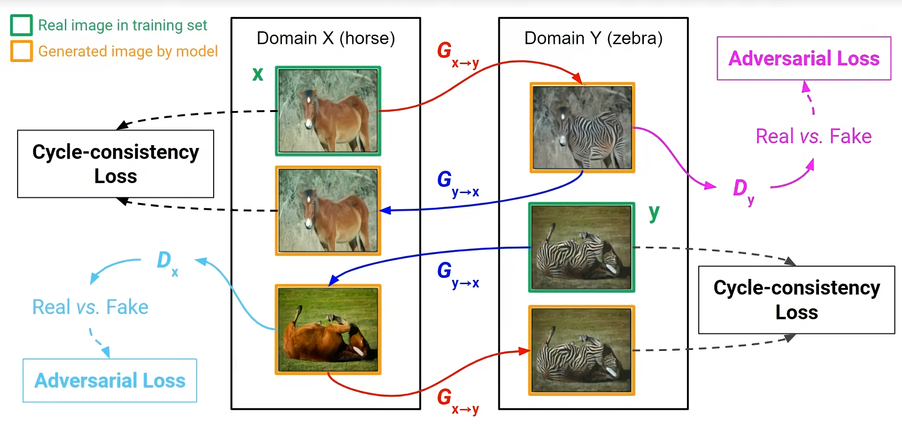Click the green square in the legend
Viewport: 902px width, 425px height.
21,25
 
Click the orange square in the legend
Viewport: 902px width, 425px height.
21,51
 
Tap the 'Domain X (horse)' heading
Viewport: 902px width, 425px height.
325,38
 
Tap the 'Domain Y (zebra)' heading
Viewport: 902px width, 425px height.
593,38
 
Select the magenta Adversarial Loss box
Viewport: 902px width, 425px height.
804,58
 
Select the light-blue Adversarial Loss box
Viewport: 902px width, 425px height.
110,380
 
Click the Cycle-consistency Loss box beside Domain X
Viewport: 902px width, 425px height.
116,164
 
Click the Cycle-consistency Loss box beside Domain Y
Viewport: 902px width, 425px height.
796,300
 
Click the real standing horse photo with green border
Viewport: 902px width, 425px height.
328,111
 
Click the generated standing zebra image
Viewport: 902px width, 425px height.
582,128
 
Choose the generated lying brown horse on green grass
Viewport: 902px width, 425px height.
328,330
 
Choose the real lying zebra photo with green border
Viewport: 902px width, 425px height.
582,247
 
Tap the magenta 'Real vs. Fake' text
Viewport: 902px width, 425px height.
813,136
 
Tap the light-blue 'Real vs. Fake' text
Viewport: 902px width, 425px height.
90,307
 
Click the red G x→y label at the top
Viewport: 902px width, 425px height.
456,54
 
